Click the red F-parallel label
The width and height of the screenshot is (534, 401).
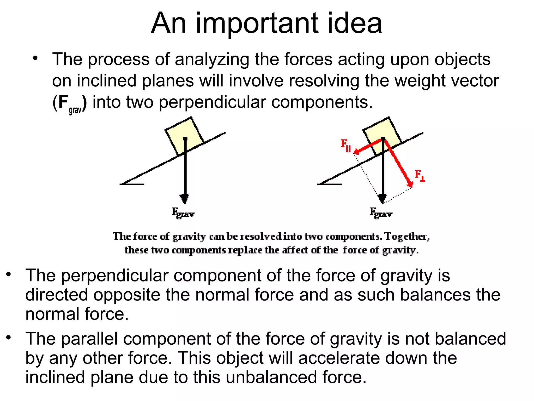[x=346, y=145]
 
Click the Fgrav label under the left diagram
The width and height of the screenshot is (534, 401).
[x=183, y=213]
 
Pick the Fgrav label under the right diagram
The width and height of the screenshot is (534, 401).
[x=381, y=213]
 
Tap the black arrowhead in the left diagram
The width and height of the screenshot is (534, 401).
[x=185, y=199]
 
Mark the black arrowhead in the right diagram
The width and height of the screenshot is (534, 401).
[x=382, y=199]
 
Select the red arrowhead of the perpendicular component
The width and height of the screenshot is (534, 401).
[x=410, y=184]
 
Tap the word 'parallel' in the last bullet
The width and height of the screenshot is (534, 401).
[x=90, y=339]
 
